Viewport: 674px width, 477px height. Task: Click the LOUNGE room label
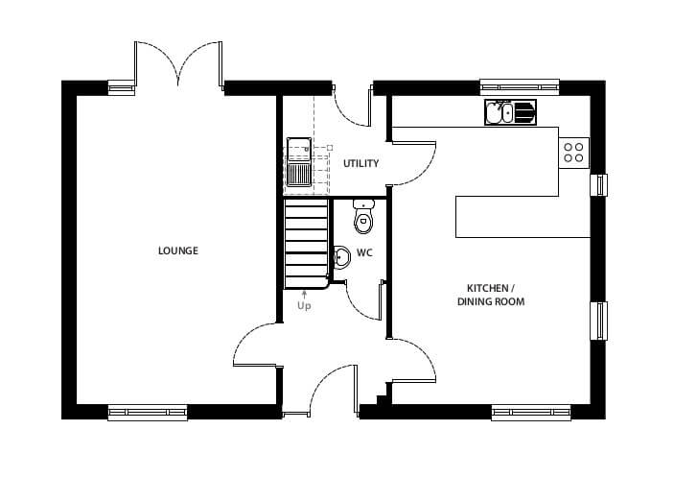pyautogui.click(x=178, y=250)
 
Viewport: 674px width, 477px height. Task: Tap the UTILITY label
pyautogui.click(x=360, y=163)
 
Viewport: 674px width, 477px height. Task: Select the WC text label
pyautogui.click(x=364, y=253)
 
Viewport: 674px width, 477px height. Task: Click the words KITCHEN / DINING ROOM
pyautogui.click(x=491, y=295)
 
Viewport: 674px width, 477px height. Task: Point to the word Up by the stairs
pyautogui.click(x=304, y=306)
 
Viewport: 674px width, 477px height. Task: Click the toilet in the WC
pyautogui.click(x=363, y=216)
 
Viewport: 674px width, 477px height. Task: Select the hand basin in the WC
pyautogui.click(x=341, y=257)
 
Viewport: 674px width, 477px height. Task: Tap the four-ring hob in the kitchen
pyautogui.click(x=574, y=153)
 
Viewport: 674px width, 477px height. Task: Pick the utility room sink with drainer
pyautogui.click(x=299, y=162)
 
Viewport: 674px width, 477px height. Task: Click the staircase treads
pyautogui.click(x=307, y=244)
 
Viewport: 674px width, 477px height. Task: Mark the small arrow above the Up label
pyautogui.click(x=304, y=295)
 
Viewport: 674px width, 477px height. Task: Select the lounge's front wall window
pyautogui.click(x=148, y=413)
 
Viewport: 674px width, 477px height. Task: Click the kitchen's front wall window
pyautogui.click(x=531, y=413)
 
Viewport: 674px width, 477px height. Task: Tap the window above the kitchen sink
pyautogui.click(x=520, y=87)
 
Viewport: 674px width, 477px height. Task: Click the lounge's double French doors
pyautogui.click(x=178, y=64)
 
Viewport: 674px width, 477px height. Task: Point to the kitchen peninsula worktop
pyautogui.click(x=523, y=217)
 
